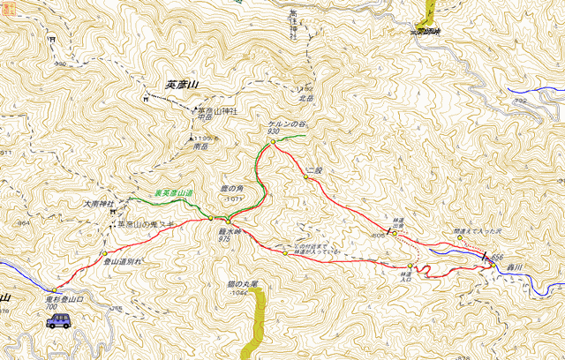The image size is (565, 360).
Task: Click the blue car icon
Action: [59, 320]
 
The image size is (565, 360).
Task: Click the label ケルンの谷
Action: [285, 124]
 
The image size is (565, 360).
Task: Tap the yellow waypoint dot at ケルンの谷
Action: [274, 140]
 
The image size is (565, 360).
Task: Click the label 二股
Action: [314, 167]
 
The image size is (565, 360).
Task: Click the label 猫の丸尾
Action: [240, 284]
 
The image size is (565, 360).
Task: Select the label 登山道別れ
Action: [123, 262]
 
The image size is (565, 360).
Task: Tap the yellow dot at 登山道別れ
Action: [104, 253]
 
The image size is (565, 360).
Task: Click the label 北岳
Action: [306, 98]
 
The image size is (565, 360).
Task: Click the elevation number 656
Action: [497, 256]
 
